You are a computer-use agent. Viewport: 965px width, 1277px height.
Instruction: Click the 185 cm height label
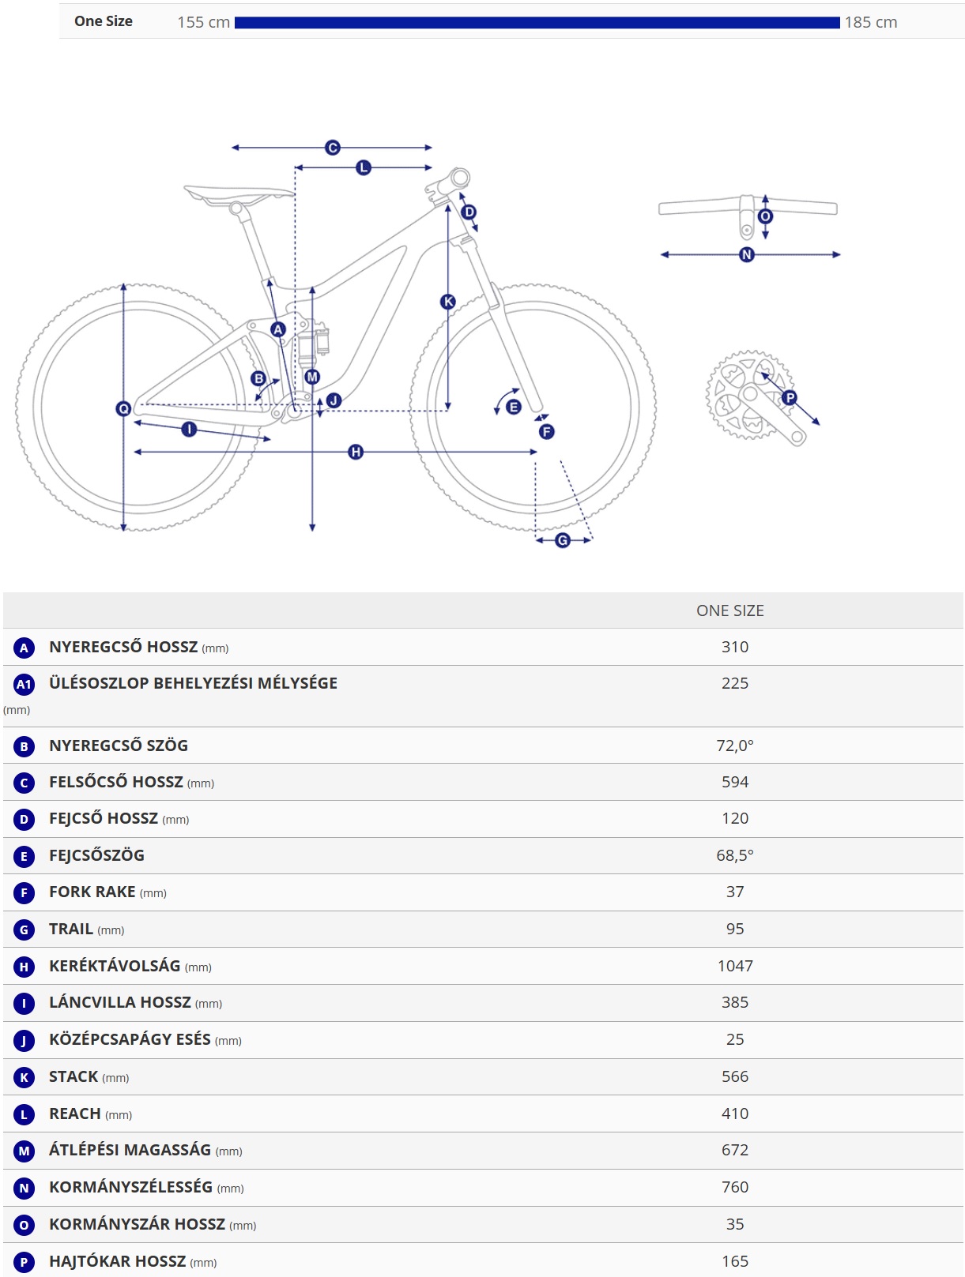point(871,23)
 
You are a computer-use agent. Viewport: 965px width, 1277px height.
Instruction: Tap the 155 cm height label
point(204,23)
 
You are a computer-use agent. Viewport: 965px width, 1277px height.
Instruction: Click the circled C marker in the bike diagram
point(333,148)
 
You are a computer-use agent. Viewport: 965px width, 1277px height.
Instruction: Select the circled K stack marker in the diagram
point(447,302)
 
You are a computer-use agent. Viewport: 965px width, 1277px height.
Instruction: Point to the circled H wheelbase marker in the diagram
point(356,452)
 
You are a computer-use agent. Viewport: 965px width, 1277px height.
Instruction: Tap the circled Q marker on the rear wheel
point(123,409)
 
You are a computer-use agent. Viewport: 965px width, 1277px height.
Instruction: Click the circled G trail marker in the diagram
point(562,540)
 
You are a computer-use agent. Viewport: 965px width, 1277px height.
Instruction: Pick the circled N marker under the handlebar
point(747,255)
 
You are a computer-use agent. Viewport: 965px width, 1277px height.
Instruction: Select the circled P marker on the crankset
point(790,398)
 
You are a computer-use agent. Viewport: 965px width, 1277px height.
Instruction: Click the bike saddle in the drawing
point(239,194)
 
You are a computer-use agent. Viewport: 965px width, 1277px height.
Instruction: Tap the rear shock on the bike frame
point(313,346)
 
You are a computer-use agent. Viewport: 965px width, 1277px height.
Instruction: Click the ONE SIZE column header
point(729,611)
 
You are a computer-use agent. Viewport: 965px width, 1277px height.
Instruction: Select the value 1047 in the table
point(735,967)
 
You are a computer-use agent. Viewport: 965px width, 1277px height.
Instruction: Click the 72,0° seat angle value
point(735,746)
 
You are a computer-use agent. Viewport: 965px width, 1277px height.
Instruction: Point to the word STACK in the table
point(74,1077)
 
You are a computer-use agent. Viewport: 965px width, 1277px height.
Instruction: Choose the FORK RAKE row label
point(92,892)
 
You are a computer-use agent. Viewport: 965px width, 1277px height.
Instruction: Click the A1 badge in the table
point(24,685)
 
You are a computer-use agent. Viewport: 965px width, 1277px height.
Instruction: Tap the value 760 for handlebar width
point(735,1188)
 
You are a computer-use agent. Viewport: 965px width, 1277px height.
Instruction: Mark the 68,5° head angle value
point(735,856)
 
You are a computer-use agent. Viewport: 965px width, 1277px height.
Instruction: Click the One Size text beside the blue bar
point(104,21)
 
